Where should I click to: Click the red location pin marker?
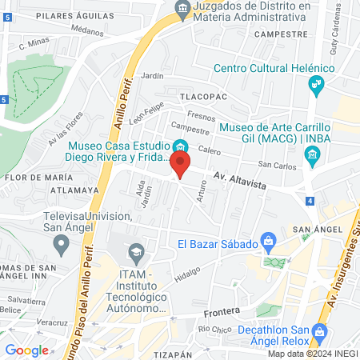[x=181, y=166]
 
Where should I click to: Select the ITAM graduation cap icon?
[x=138, y=252]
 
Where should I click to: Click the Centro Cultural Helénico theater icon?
[x=317, y=82]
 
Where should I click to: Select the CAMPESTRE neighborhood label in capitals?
[x=281, y=35]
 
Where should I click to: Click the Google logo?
[x=26, y=350]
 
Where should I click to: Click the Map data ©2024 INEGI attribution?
[x=311, y=354]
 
